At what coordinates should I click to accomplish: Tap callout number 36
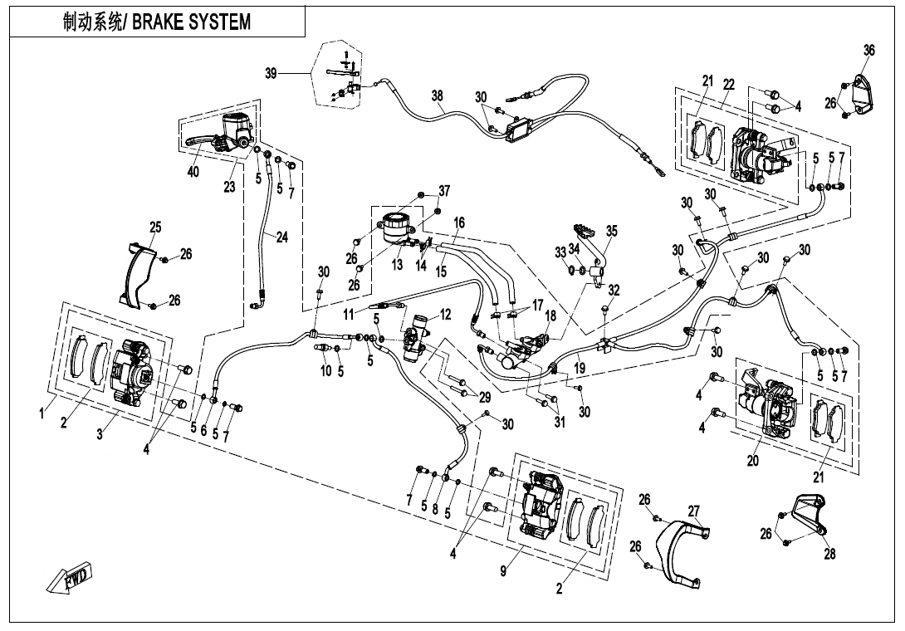[x=868, y=51]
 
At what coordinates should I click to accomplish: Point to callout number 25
[x=155, y=227]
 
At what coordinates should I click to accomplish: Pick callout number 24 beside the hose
[x=282, y=237]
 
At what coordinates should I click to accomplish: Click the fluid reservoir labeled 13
[x=397, y=227]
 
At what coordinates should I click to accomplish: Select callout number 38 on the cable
[x=438, y=96]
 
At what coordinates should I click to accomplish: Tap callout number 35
[x=612, y=232]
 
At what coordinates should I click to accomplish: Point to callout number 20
[x=752, y=462]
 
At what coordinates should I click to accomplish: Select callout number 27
[x=694, y=511]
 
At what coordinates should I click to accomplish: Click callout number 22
[x=729, y=85]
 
